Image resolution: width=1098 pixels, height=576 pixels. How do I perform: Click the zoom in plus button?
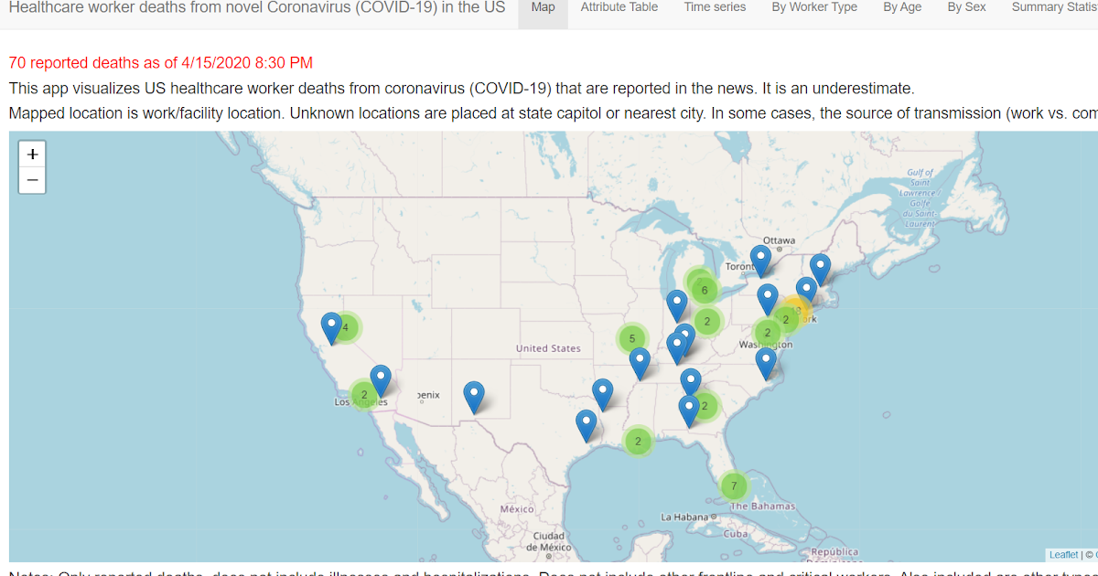click(x=32, y=154)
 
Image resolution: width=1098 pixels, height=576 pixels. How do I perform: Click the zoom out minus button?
click(x=32, y=180)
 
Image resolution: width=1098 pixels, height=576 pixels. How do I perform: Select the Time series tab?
click(x=715, y=7)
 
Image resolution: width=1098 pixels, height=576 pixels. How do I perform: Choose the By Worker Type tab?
click(x=814, y=7)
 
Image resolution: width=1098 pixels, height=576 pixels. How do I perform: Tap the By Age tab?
click(x=902, y=7)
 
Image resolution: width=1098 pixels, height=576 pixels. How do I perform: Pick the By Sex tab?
click(x=966, y=7)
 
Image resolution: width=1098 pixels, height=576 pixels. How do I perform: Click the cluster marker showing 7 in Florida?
click(x=734, y=485)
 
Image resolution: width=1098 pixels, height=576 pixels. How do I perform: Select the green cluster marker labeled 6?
click(x=704, y=291)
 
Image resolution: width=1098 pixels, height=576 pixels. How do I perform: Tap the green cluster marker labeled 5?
click(x=631, y=338)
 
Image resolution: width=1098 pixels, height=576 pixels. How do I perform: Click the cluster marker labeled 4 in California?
click(x=346, y=327)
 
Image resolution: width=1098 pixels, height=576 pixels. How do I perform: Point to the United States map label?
click(x=548, y=348)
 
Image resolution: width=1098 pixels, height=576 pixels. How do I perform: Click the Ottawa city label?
click(x=779, y=240)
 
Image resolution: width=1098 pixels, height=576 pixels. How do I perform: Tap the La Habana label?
click(x=684, y=517)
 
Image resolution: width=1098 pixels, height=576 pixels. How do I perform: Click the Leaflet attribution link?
click(x=1063, y=555)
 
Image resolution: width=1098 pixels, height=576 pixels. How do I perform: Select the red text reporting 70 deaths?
click(x=161, y=63)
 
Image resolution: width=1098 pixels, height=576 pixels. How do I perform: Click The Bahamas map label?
click(x=762, y=507)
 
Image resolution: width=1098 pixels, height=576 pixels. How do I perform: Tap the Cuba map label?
click(x=736, y=533)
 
